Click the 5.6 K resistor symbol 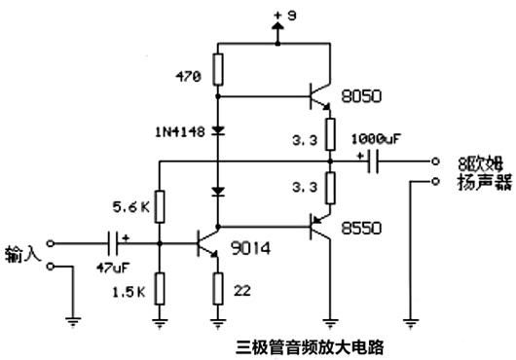point(158,206)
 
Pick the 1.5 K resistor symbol point(158,289)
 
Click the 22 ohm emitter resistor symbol point(217,288)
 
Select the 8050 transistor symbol point(319,97)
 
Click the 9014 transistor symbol point(206,242)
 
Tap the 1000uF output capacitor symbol point(373,162)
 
